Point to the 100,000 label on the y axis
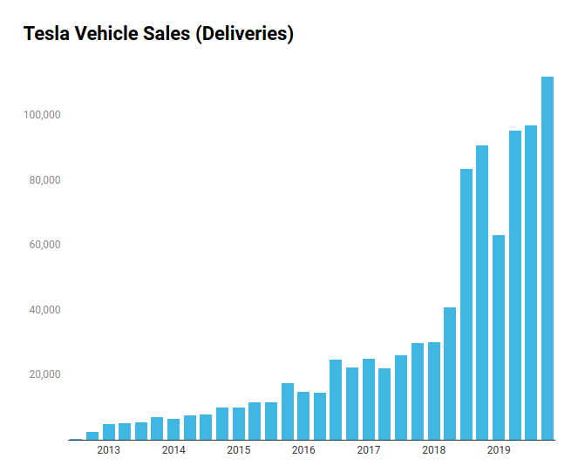[x=41, y=115]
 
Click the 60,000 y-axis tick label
[x=44, y=245]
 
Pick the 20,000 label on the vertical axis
[x=44, y=374]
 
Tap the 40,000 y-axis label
[x=44, y=310]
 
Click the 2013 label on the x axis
[x=108, y=450]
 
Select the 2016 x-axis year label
[x=303, y=450]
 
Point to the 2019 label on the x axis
[x=499, y=450]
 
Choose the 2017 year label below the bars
[x=369, y=450]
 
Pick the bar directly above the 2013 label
[x=108, y=432]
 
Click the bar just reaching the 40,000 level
[x=450, y=374]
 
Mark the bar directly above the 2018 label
[x=433, y=391]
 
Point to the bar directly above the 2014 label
[x=173, y=429]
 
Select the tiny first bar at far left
[x=76, y=439]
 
